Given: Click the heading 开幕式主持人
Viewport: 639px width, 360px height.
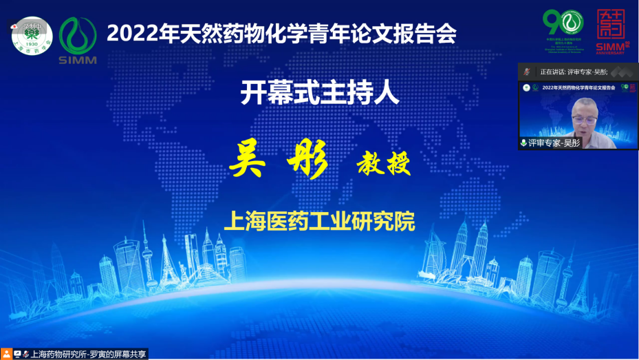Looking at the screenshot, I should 319,93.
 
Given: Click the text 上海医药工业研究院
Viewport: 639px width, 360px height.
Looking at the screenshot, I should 319,222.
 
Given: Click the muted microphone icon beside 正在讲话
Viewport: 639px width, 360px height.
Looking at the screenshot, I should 528,71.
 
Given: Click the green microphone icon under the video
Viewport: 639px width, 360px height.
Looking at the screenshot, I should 523,142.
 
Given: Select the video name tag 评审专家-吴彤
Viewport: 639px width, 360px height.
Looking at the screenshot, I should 554,142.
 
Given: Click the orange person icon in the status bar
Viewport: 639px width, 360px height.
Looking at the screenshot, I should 7,354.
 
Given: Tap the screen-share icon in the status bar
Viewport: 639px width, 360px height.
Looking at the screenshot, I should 17,354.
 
